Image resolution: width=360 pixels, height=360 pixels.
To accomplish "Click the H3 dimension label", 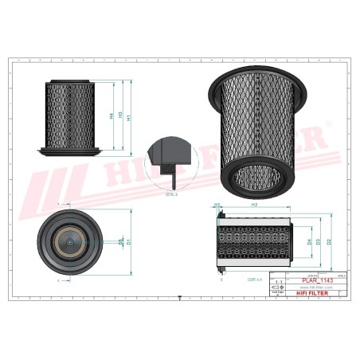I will coord(119,115).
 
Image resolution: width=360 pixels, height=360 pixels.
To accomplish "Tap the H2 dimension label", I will coord(253,205).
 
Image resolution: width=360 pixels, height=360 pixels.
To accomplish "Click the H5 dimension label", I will coord(217,205).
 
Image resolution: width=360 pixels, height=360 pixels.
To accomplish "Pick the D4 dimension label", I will coord(309,241).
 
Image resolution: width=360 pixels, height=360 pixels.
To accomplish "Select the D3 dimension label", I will coord(319,241).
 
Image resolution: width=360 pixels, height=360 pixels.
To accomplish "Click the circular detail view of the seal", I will coord(170,162).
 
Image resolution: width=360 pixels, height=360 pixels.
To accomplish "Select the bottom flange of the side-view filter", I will coord(69,151).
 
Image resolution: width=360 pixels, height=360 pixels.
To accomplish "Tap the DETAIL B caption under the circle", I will coord(170,193).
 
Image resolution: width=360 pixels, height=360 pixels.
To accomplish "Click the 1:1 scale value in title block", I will coord(277,283).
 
